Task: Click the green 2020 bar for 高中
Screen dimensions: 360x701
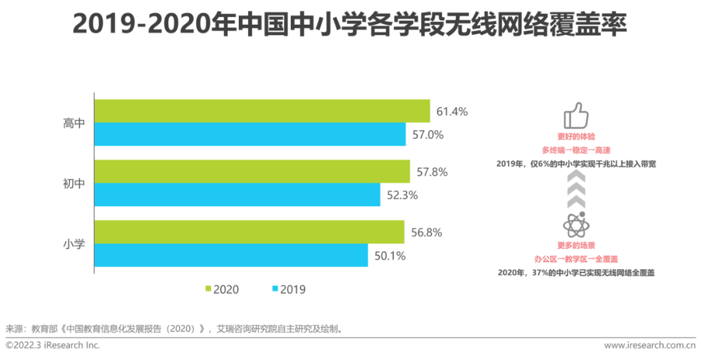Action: tap(262, 111)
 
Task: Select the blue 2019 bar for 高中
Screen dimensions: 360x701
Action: tap(251, 134)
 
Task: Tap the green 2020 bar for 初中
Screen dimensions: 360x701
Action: tap(252, 172)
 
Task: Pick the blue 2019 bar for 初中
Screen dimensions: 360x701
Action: tap(238, 195)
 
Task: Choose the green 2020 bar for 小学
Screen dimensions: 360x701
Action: tap(249, 232)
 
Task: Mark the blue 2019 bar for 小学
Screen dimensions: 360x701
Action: tap(231, 256)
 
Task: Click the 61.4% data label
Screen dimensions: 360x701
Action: tap(452, 112)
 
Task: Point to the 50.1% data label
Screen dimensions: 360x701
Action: tap(390, 256)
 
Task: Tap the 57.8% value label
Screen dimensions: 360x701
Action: tap(432, 173)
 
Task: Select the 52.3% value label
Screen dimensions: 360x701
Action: tap(402, 195)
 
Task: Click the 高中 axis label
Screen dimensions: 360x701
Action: tap(74, 123)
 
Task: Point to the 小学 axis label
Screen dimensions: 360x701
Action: tap(74, 245)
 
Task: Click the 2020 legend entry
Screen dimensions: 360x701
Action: tap(221, 289)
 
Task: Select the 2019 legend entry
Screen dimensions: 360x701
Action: tap(288, 289)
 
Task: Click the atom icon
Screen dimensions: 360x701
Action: tap(575, 225)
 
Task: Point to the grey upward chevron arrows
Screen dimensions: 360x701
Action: tap(576, 191)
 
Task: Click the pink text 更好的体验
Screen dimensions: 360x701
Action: tap(576, 137)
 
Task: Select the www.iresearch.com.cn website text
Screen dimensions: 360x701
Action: tap(650, 346)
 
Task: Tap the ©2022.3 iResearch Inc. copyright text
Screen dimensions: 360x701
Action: tap(53, 346)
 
